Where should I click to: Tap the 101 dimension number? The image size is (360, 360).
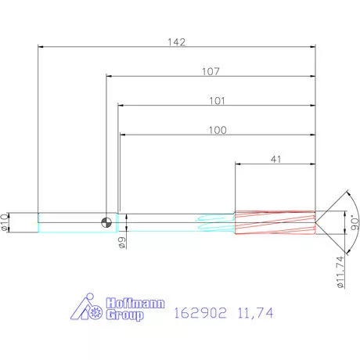click(x=218, y=100)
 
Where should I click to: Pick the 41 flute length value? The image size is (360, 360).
click(x=275, y=159)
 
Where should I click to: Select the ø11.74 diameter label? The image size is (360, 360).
click(x=340, y=268)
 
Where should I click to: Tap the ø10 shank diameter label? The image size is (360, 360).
click(x=7, y=221)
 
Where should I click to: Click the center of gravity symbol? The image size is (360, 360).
click(x=106, y=222)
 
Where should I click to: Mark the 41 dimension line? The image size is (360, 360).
click(x=275, y=165)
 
